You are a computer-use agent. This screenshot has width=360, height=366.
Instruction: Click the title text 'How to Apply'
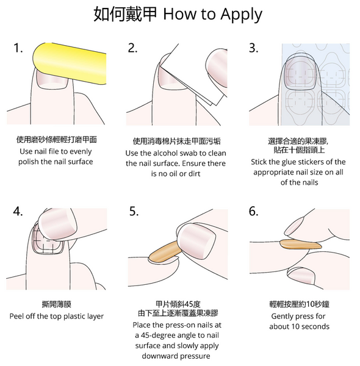coord(213,14)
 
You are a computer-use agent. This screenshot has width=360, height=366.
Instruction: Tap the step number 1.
coord(18,49)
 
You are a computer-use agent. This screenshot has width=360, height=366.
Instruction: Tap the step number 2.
coord(132,49)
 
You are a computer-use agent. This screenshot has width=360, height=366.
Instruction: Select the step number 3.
coord(253,49)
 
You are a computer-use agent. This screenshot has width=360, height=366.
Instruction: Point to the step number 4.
coord(18,212)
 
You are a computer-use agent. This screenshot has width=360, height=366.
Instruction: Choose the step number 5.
coord(134,212)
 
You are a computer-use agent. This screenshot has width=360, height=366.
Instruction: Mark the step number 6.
coord(254,212)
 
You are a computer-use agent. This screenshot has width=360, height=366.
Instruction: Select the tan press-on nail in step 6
coord(299,245)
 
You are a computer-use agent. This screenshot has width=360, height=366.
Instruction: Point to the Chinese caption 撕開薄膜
coord(56,303)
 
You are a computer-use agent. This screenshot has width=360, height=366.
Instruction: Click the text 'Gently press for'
coord(298,316)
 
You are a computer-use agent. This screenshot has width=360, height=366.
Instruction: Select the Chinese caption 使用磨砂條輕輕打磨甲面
coord(56,140)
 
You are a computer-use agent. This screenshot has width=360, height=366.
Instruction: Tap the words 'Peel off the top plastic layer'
coord(56,316)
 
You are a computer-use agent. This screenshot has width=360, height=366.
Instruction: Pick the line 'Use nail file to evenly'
coord(56,151)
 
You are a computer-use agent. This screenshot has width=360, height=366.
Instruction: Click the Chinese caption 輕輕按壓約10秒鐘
coord(299,303)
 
